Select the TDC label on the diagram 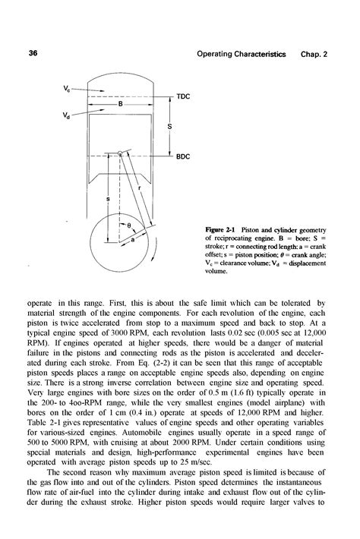(183, 97)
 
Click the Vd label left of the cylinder (68, 115)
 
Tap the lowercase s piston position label (106, 200)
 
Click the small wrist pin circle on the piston (121, 153)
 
